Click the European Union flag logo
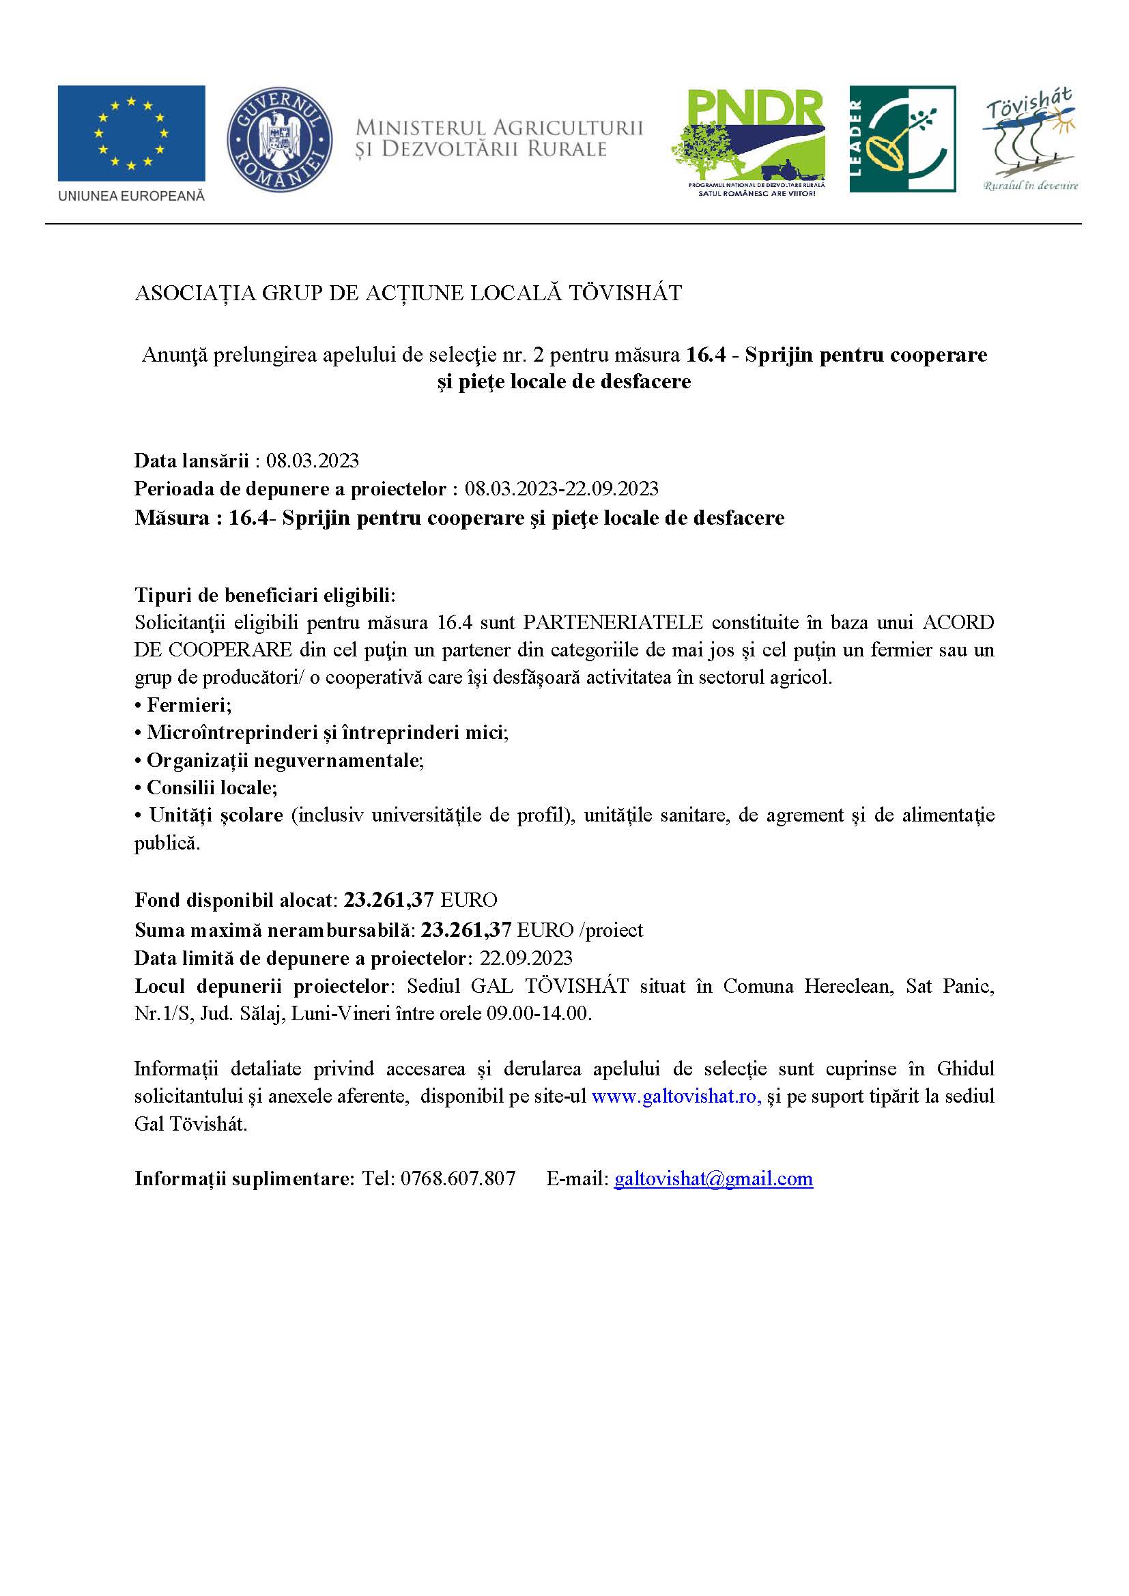[x=130, y=133]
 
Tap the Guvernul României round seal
[x=279, y=141]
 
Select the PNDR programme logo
[x=748, y=143]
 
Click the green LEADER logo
[x=902, y=139]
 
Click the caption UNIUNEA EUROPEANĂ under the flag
[x=130, y=197]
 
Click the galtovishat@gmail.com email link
[x=713, y=1178]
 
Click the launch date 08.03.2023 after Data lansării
[x=313, y=460]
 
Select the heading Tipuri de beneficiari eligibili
[x=265, y=595]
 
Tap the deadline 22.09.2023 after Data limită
[x=526, y=958]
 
